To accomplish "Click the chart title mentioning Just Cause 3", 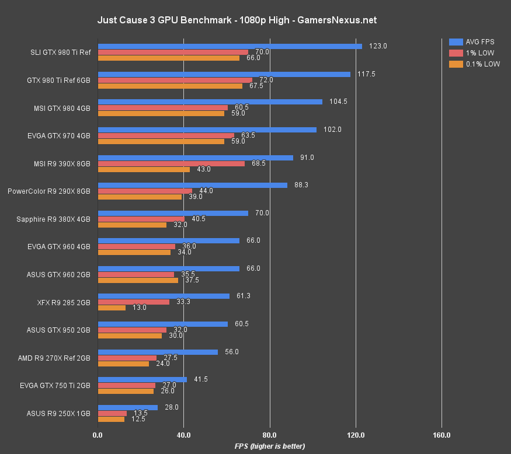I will [237, 20].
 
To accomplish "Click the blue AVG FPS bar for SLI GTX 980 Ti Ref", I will [230, 46].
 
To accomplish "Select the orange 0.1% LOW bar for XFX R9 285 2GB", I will [112, 308].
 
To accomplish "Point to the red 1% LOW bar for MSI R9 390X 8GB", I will [171, 163].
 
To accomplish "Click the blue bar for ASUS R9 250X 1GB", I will [128, 407].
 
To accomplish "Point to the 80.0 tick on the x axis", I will [270, 435].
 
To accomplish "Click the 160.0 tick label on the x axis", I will [442, 435].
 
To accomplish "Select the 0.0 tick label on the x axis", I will [98, 435].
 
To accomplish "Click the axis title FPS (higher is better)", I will [270, 446].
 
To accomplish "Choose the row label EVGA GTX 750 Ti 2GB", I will [58, 386].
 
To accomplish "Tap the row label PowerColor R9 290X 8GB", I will [49, 191].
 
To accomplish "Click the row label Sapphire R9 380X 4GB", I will [53, 219].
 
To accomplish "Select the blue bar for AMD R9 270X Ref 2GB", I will [158, 352].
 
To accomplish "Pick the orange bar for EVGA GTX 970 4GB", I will [161, 141].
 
